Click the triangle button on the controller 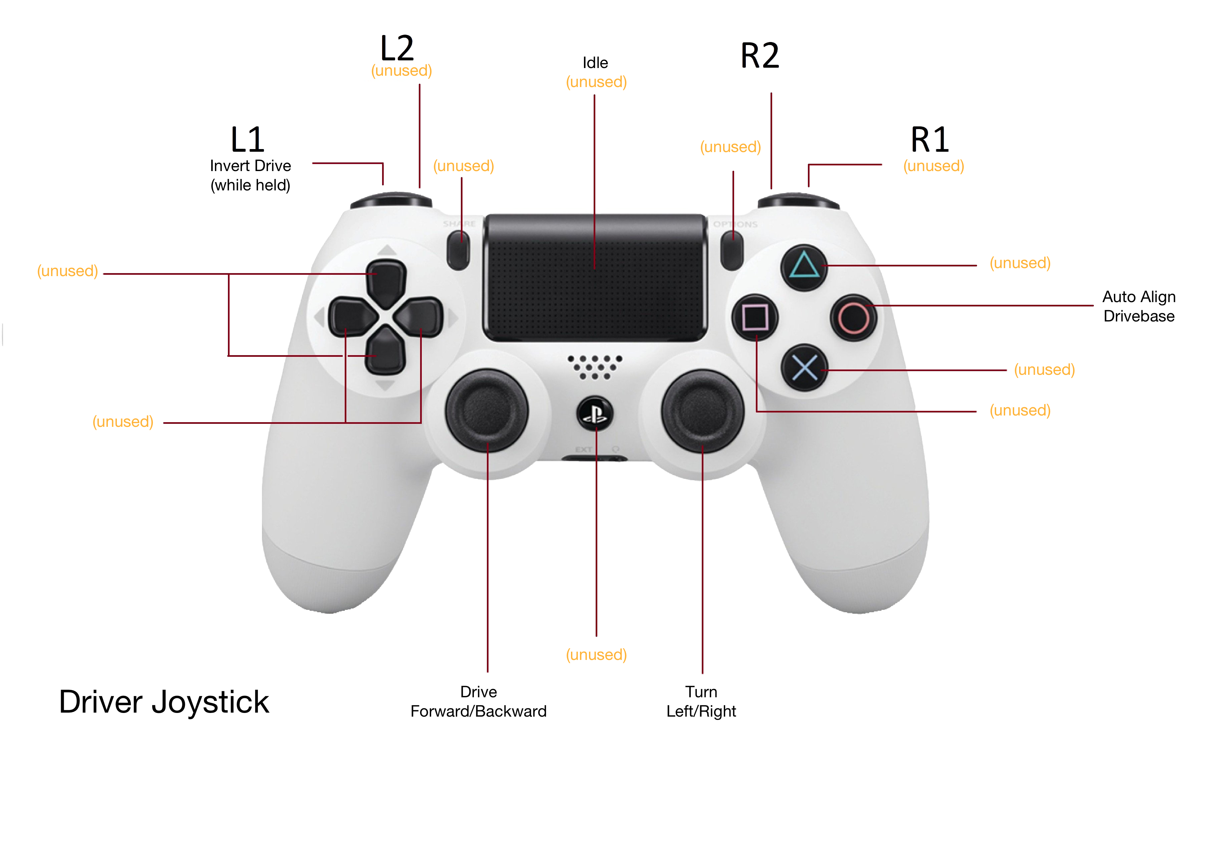pyautogui.click(x=804, y=267)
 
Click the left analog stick pyautogui.click(x=487, y=410)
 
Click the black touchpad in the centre pyautogui.click(x=595, y=277)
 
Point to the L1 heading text pyautogui.click(x=247, y=140)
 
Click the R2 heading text pyautogui.click(x=760, y=55)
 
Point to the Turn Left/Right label pyautogui.click(x=701, y=701)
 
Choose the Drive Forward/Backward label pyautogui.click(x=478, y=701)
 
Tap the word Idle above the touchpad pyautogui.click(x=595, y=63)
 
